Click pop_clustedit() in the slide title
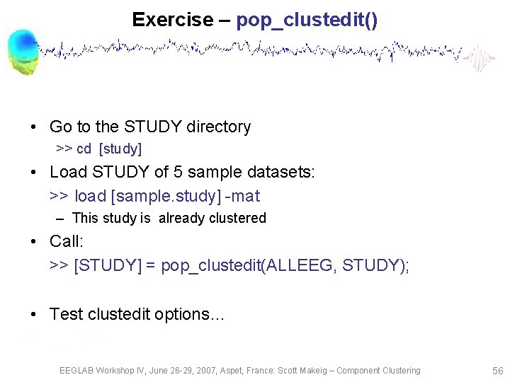click(x=307, y=20)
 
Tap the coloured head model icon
click(x=22, y=52)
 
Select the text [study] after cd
click(x=120, y=149)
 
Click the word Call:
click(x=67, y=241)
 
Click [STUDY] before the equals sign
click(x=106, y=265)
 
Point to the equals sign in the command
click(x=150, y=265)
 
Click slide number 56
click(x=497, y=371)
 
